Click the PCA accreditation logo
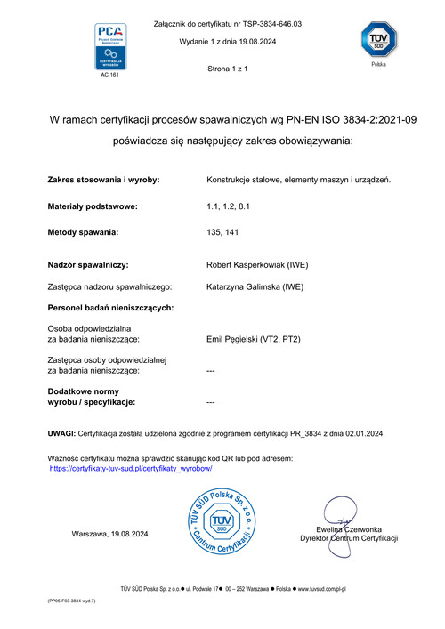point(111,46)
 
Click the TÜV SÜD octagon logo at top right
point(377,41)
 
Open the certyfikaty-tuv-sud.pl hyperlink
point(130,467)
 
